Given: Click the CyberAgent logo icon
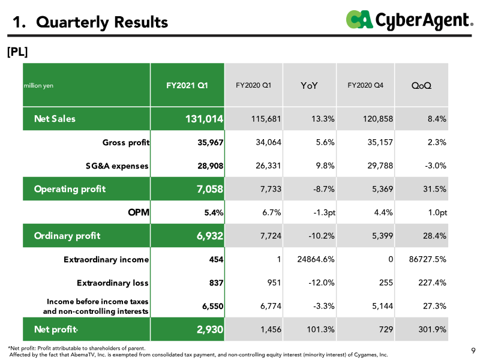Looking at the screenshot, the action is (x=359, y=19).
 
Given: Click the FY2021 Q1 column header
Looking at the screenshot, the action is (x=187, y=85).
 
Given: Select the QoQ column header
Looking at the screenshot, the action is (x=421, y=85).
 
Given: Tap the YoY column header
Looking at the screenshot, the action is (x=309, y=85).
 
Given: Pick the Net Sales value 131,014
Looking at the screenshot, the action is (x=204, y=119).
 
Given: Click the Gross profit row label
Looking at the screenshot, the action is (x=126, y=142).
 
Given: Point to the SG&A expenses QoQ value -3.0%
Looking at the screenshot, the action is (x=436, y=166).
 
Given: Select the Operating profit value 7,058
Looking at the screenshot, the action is (x=209, y=189).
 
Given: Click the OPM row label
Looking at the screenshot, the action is (x=139, y=212).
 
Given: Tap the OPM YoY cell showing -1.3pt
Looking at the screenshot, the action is (x=324, y=212).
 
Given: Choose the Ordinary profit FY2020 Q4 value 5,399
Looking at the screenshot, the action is (x=382, y=236).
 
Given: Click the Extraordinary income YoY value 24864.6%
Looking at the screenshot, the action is (x=316, y=259).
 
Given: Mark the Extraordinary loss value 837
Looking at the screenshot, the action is (x=216, y=283).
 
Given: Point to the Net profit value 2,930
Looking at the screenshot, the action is (x=209, y=329).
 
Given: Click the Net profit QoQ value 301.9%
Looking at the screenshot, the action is (x=432, y=329).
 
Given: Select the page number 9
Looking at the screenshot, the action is (x=473, y=350).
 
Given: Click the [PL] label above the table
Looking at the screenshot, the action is (x=17, y=52).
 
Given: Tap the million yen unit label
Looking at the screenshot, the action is (x=38, y=85).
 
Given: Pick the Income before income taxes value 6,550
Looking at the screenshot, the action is (x=212, y=306).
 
